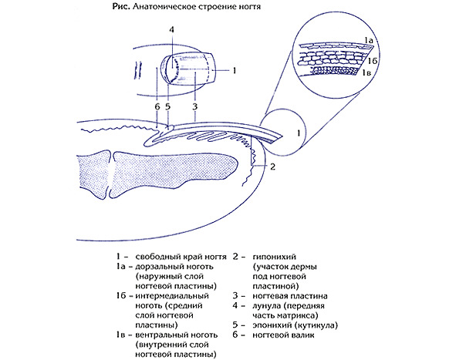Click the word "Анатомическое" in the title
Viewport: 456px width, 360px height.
tap(164, 7)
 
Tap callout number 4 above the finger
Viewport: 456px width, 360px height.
tap(171, 29)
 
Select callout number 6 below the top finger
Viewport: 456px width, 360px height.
tap(157, 107)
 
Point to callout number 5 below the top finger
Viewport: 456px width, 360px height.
tap(167, 107)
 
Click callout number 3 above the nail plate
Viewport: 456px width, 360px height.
tap(195, 106)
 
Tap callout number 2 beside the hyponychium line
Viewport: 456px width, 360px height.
tap(272, 167)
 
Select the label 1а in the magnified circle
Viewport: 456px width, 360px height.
tap(369, 40)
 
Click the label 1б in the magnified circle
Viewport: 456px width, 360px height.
tap(372, 61)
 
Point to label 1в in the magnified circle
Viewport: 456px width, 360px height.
tap(366, 72)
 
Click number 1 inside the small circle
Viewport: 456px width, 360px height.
tap(299, 133)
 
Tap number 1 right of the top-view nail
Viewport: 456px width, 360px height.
tap(235, 70)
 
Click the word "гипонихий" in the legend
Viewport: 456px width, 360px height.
tap(274, 257)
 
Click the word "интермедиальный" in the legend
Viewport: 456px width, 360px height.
tap(172, 296)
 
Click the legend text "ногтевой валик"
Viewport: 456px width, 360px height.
tap(283, 335)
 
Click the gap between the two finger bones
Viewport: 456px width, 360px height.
tap(111, 173)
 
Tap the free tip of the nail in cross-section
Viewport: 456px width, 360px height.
tap(281, 137)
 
